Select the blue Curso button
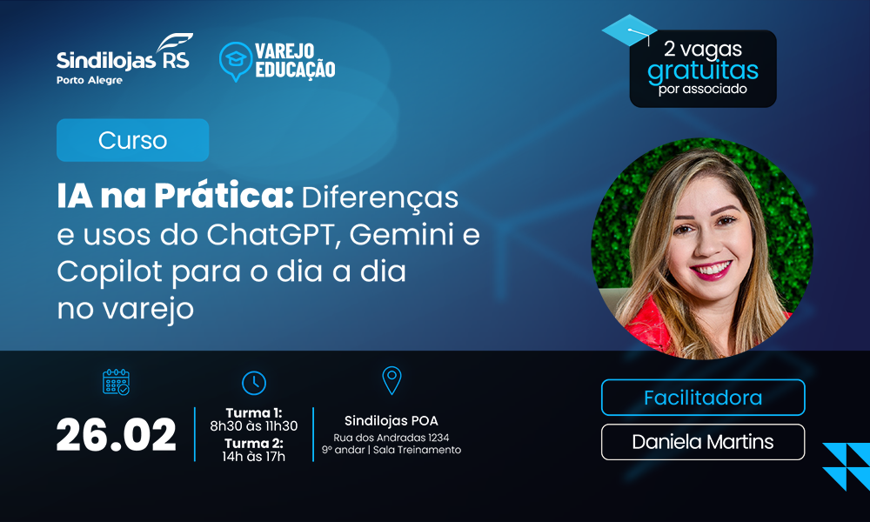[x=132, y=140]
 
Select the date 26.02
[x=117, y=435]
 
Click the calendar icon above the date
[x=117, y=383]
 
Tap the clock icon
[x=254, y=383]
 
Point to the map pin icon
[x=391, y=380]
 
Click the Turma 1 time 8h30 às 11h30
[x=253, y=426]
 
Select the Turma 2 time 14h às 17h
[x=253, y=457]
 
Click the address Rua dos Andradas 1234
[x=391, y=437]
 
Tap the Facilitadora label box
[x=703, y=398]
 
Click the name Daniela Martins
[x=703, y=442]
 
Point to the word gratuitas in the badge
[x=703, y=70]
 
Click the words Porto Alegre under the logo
[x=90, y=80]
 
